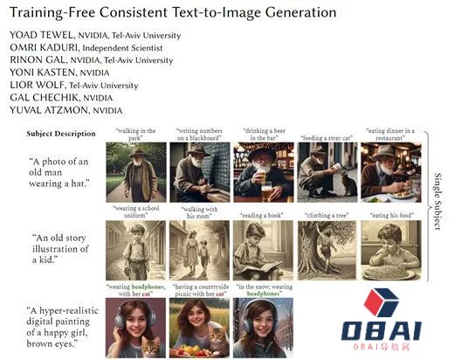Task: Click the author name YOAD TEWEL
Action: (x=38, y=36)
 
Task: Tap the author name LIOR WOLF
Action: (x=34, y=86)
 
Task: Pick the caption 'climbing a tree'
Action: (x=327, y=214)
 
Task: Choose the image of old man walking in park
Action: (x=135, y=171)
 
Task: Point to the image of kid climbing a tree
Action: (x=327, y=250)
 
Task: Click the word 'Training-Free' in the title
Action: (x=52, y=13)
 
